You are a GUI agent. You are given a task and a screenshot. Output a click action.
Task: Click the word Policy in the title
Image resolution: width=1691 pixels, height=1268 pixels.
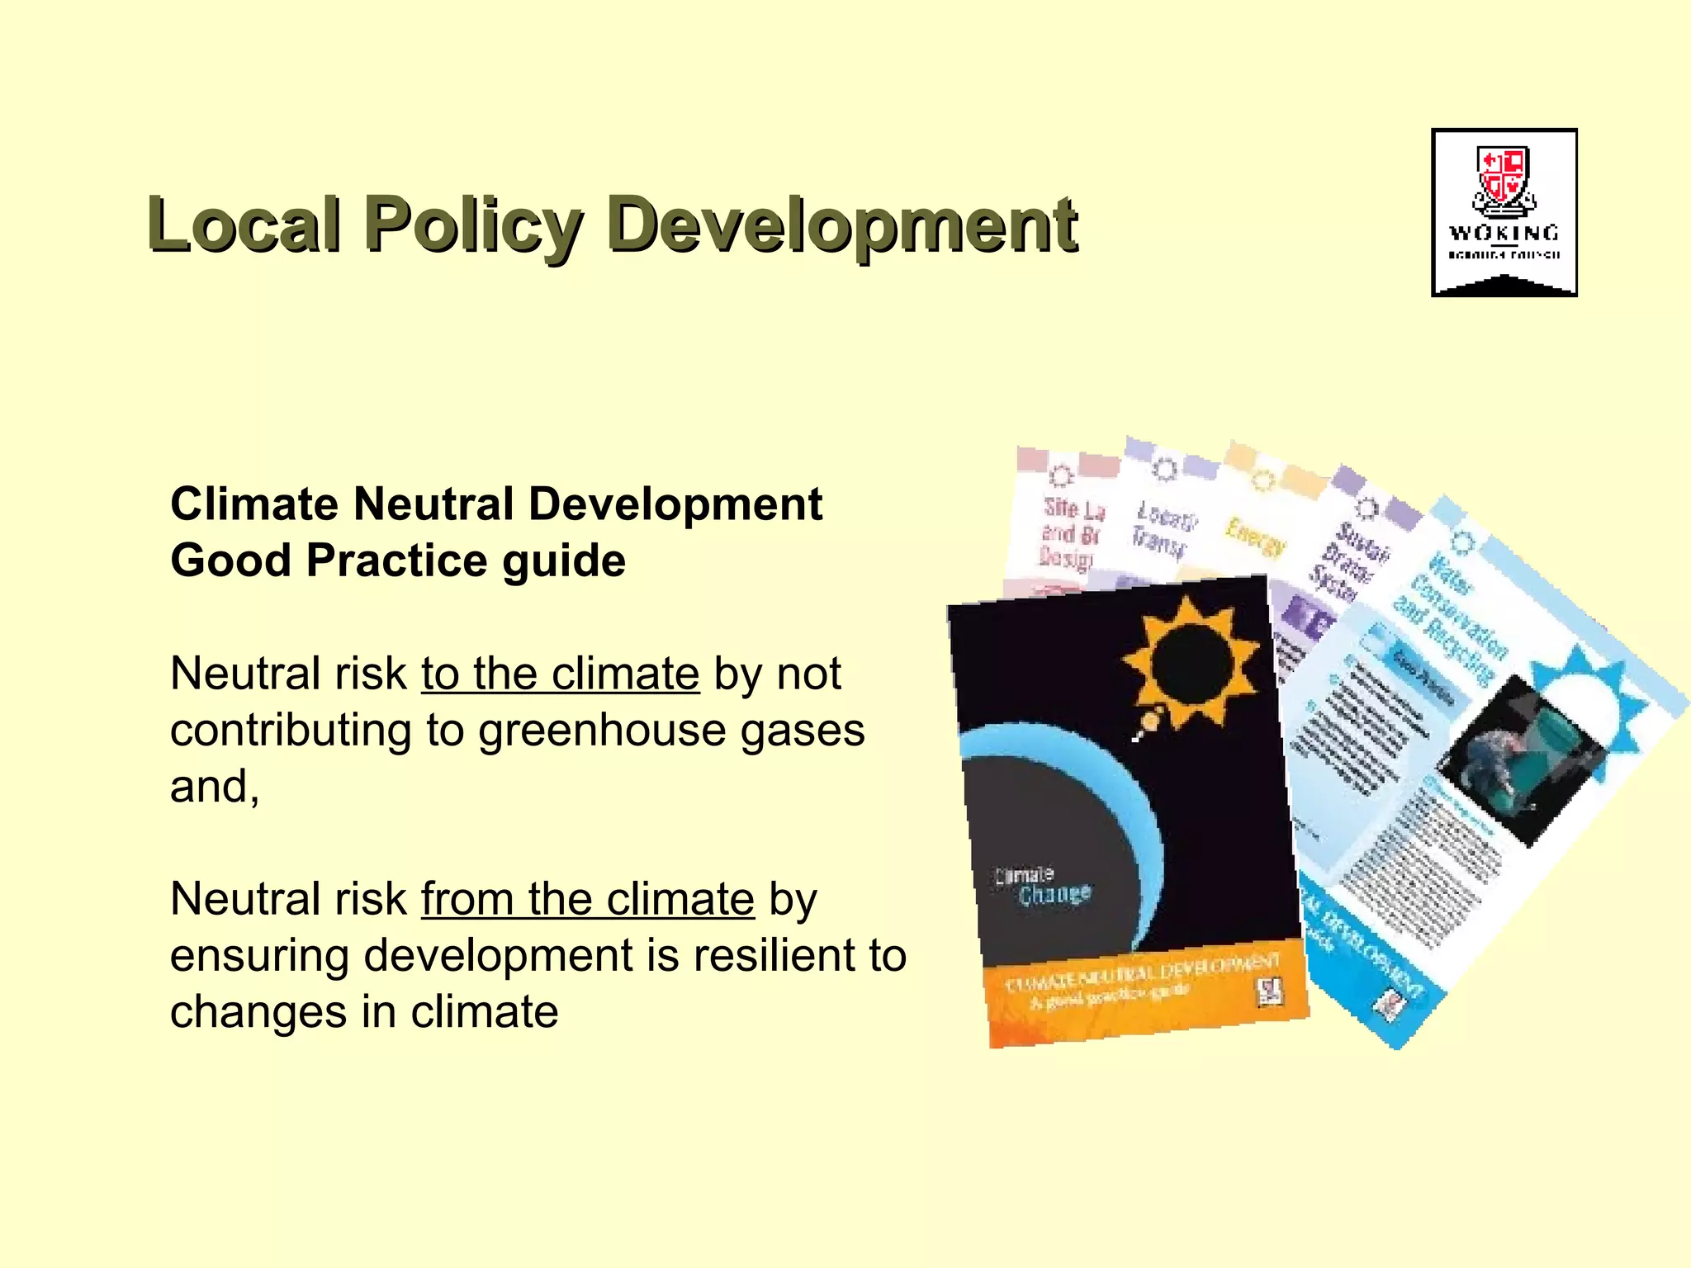[474, 225]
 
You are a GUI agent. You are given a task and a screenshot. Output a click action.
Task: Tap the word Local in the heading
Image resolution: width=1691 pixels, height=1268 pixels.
[244, 225]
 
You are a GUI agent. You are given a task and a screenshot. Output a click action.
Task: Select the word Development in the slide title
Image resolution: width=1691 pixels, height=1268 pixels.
[841, 225]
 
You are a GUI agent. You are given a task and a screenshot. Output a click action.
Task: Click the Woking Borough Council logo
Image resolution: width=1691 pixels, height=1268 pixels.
[1504, 212]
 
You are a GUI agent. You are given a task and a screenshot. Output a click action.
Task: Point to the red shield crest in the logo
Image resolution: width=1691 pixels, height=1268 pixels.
[1504, 176]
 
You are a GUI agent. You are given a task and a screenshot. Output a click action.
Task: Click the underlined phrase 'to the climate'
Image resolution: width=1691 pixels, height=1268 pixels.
[560, 674]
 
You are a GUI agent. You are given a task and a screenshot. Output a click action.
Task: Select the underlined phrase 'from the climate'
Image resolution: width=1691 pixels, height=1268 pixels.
[587, 899]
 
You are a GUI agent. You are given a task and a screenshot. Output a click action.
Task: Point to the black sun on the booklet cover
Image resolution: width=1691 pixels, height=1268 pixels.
[1190, 660]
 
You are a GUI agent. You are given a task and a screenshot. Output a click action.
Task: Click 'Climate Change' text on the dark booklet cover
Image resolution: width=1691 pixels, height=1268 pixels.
[1044, 886]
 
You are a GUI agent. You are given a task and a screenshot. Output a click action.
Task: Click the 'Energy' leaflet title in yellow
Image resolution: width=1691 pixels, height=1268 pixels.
[1254, 537]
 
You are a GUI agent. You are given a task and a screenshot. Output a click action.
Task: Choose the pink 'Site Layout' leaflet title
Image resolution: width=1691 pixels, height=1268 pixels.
[1071, 532]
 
